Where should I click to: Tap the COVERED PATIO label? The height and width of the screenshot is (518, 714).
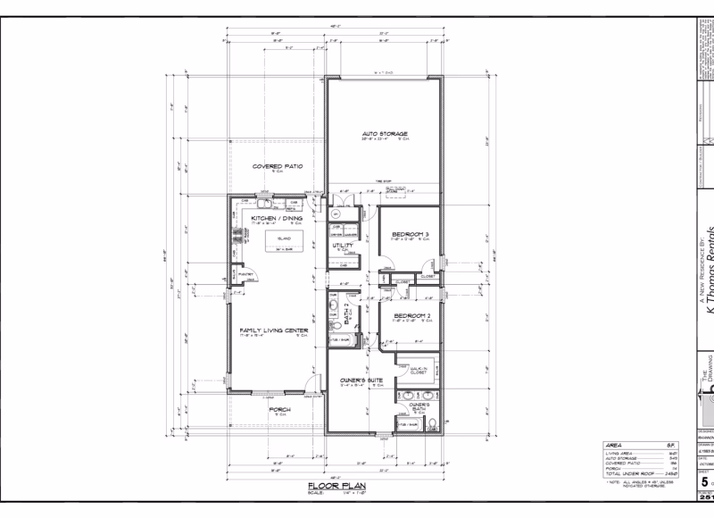point(278,166)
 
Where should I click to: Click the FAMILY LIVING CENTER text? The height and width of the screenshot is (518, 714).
point(273,330)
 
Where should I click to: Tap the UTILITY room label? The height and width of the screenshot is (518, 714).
point(342,245)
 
